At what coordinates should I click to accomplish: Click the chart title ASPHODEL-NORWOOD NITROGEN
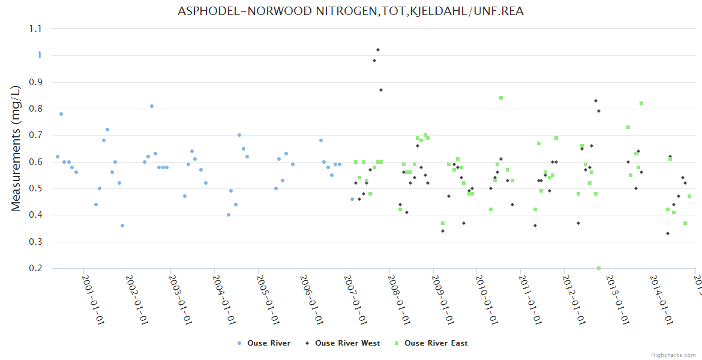[350, 11]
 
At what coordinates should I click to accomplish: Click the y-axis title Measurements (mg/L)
[16, 148]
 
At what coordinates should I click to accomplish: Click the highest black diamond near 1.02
[378, 50]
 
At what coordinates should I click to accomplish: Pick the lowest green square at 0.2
[599, 268]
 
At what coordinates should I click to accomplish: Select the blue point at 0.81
[152, 106]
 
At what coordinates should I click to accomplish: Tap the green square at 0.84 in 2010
[501, 98]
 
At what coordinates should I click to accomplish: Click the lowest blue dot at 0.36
[122, 226]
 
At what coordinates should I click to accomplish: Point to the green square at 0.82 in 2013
[641, 103]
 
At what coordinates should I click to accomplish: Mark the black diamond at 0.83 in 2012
[596, 101]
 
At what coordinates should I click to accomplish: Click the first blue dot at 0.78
[61, 114]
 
